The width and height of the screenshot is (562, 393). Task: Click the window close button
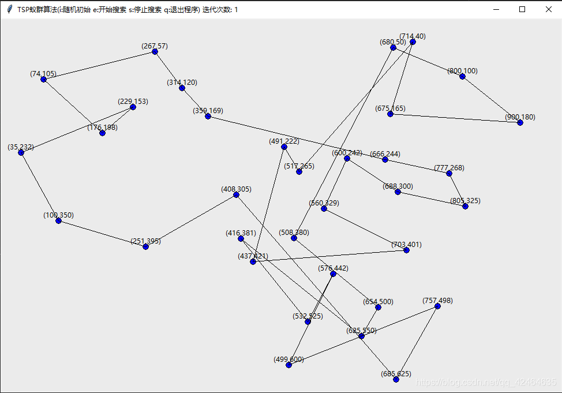tap(548, 9)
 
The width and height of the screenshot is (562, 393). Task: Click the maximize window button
tap(522, 9)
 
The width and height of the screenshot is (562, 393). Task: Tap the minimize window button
tap(496, 9)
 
